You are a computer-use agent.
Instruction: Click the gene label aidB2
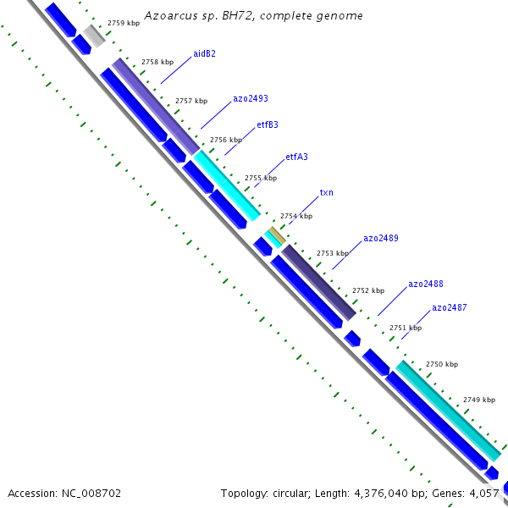point(204,54)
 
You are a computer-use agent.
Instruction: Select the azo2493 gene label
point(251,98)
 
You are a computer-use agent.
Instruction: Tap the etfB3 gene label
point(268,125)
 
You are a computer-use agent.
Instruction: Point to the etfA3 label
point(296,157)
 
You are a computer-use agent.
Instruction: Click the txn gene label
point(326,192)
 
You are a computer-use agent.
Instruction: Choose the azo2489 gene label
point(381,238)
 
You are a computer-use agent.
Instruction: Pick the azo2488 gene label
point(426,284)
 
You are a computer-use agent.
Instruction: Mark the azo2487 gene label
point(450,308)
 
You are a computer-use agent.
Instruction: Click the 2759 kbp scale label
point(124,24)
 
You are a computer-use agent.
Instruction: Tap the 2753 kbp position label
point(332,253)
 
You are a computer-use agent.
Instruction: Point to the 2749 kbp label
point(479,400)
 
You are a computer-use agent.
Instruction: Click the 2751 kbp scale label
point(406,328)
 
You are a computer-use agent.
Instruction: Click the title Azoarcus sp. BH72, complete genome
point(254,15)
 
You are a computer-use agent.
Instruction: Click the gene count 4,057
point(483,493)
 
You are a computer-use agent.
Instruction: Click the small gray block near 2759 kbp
point(94,36)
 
